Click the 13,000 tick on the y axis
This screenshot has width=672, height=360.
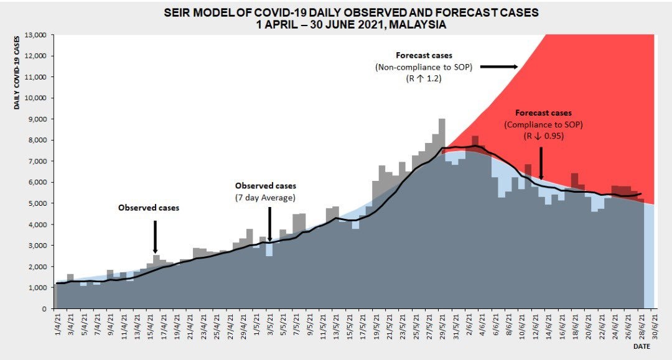(x=37, y=35)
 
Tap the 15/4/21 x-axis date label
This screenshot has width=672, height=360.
(x=150, y=325)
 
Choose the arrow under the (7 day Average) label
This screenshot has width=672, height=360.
(x=269, y=224)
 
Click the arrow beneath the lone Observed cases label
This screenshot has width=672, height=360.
(x=154, y=236)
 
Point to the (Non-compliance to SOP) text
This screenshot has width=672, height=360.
(x=424, y=67)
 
